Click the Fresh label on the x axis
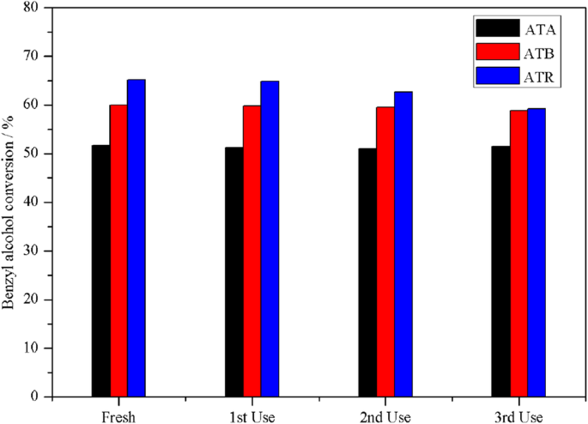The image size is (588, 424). tap(118, 415)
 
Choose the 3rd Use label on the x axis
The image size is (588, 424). tap(518, 415)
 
